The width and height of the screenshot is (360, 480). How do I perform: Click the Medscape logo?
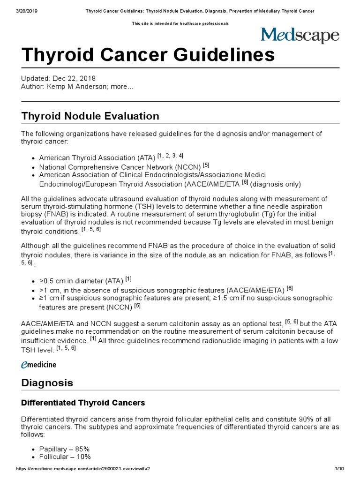point(300,36)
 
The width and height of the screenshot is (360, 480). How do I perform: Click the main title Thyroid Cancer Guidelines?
point(148,55)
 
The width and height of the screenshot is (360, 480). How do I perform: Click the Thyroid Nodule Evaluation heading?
point(90,116)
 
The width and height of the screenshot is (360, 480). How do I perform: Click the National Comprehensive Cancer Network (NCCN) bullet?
point(120,166)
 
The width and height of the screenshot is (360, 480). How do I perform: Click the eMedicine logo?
point(39,364)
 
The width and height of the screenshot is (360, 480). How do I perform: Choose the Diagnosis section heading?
point(47,383)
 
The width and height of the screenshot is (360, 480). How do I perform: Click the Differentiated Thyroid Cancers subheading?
point(83,403)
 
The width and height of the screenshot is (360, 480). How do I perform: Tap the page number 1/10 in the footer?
point(339,468)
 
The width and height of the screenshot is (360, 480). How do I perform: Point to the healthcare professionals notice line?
point(180,23)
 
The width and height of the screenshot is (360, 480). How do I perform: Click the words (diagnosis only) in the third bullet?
point(276,184)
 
